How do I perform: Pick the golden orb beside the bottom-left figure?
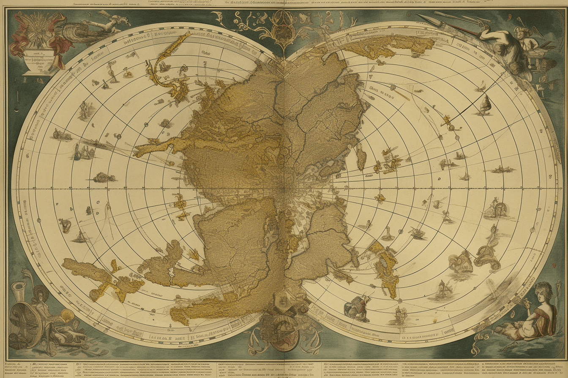(x=66, y=315)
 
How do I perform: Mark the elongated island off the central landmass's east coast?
(x=361, y=156)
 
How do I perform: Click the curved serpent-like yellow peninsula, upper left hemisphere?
(x=167, y=67)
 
